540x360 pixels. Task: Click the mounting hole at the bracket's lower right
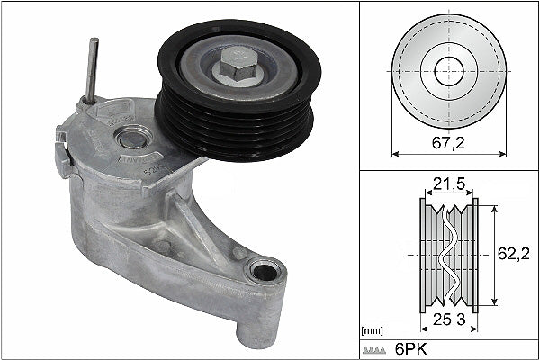pos(265,271)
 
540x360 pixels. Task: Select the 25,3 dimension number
pos(448,319)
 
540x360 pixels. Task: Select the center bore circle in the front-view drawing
pos(448,71)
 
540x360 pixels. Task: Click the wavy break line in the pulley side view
pos(448,255)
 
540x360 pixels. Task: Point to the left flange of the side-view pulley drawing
pos(423,255)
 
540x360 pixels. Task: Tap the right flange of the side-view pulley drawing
pos(474,255)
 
